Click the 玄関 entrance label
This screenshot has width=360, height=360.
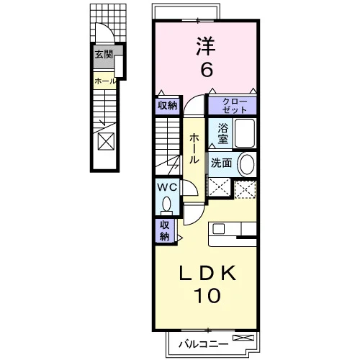point(104,55)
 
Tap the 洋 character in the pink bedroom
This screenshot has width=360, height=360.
point(206,46)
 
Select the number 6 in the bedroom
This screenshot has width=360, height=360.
point(207,70)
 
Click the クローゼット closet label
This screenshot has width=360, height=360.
point(235,106)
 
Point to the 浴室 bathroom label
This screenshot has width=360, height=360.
point(222,134)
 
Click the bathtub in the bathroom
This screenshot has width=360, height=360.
point(245,133)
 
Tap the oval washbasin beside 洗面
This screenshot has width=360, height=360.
point(247,164)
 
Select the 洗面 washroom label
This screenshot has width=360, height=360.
point(221,163)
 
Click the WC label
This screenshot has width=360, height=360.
point(167,187)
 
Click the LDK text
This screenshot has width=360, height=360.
point(207,274)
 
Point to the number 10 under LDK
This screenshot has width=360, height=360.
point(207,295)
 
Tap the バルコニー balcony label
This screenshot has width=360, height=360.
point(204,345)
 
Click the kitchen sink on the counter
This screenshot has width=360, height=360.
point(218,229)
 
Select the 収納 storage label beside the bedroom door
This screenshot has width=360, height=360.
point(168,105)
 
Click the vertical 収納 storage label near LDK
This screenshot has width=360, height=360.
point(165,231)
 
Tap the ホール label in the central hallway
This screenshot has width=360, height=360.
point(194,149)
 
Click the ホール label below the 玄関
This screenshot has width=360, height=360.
point(105,81)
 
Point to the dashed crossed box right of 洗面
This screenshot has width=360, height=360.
point(245,189)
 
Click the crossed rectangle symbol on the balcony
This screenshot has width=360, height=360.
point(243,338)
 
